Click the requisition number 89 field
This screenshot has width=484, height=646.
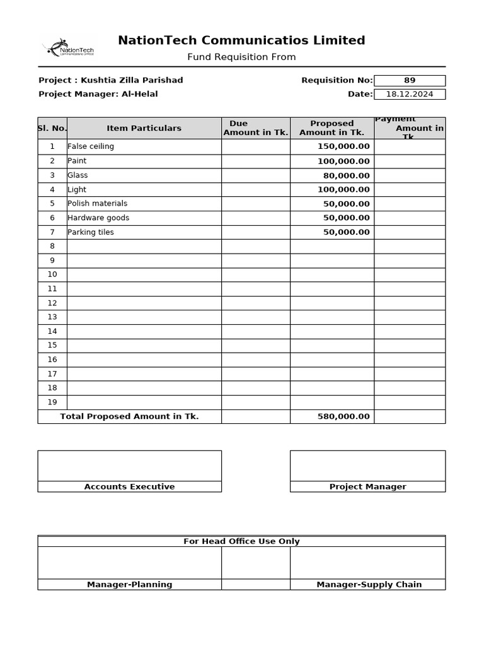coord(409,80)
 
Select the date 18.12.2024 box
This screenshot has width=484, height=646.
coord(409,94)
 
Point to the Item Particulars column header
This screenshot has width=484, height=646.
coord(144,128)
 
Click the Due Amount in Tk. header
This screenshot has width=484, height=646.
coord(255,128)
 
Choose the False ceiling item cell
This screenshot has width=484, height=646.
coord(91,146)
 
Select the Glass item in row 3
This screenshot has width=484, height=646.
coord(78,175)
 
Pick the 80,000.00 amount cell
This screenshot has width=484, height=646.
coord(347,175)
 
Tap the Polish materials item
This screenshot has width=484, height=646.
coord(97,204)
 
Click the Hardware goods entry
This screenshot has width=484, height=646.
coord(98,218)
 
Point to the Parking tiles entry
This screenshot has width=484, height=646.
coord(91,232)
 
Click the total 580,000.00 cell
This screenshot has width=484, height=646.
coord(343,416)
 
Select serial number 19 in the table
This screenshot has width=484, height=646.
coord(52,402)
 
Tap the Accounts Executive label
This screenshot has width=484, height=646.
coord(129,486)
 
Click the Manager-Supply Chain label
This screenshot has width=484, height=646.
coord(369,584)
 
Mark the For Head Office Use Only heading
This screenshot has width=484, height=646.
coord(241,541)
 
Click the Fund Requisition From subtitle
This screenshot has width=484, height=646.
coord(241,57)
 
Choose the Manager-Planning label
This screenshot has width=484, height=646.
coord(129,584)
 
